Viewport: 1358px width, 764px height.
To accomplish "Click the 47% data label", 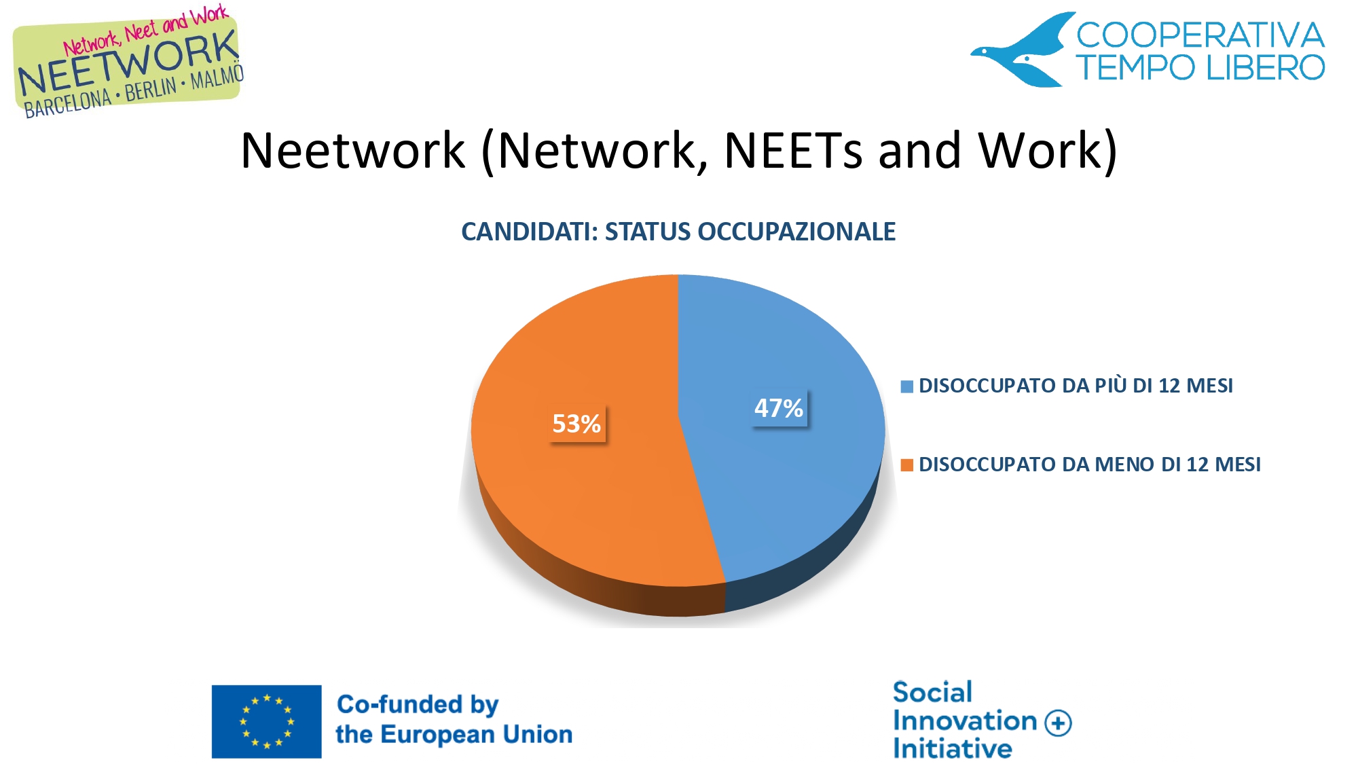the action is (779, 408).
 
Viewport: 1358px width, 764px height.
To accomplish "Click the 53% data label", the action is (576, 424).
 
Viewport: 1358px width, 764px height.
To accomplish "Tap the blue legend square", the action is (906, 386).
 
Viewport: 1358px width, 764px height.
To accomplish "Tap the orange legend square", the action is (906, 465).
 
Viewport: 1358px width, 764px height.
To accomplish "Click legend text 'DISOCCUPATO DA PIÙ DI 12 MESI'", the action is (1076, 386).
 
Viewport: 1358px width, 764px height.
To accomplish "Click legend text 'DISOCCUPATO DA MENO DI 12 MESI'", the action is (1089, 465).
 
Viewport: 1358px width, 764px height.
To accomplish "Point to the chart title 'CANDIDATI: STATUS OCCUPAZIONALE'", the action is (678, 232).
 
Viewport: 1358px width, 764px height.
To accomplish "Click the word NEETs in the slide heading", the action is (793, 150).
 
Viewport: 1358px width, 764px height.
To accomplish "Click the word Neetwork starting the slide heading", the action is (353, 150).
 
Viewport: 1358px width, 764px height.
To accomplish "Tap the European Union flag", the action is (266, 721).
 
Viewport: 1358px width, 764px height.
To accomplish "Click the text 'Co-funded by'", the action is (418, 705).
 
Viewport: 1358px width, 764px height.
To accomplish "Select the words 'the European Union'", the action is (454, 734).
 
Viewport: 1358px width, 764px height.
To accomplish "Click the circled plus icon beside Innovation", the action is (1058, 723).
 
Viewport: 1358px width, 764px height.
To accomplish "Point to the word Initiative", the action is (953, 748).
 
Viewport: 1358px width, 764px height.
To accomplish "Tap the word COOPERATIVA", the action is (1200, 35).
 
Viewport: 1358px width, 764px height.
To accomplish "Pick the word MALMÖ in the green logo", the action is (217, 77).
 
